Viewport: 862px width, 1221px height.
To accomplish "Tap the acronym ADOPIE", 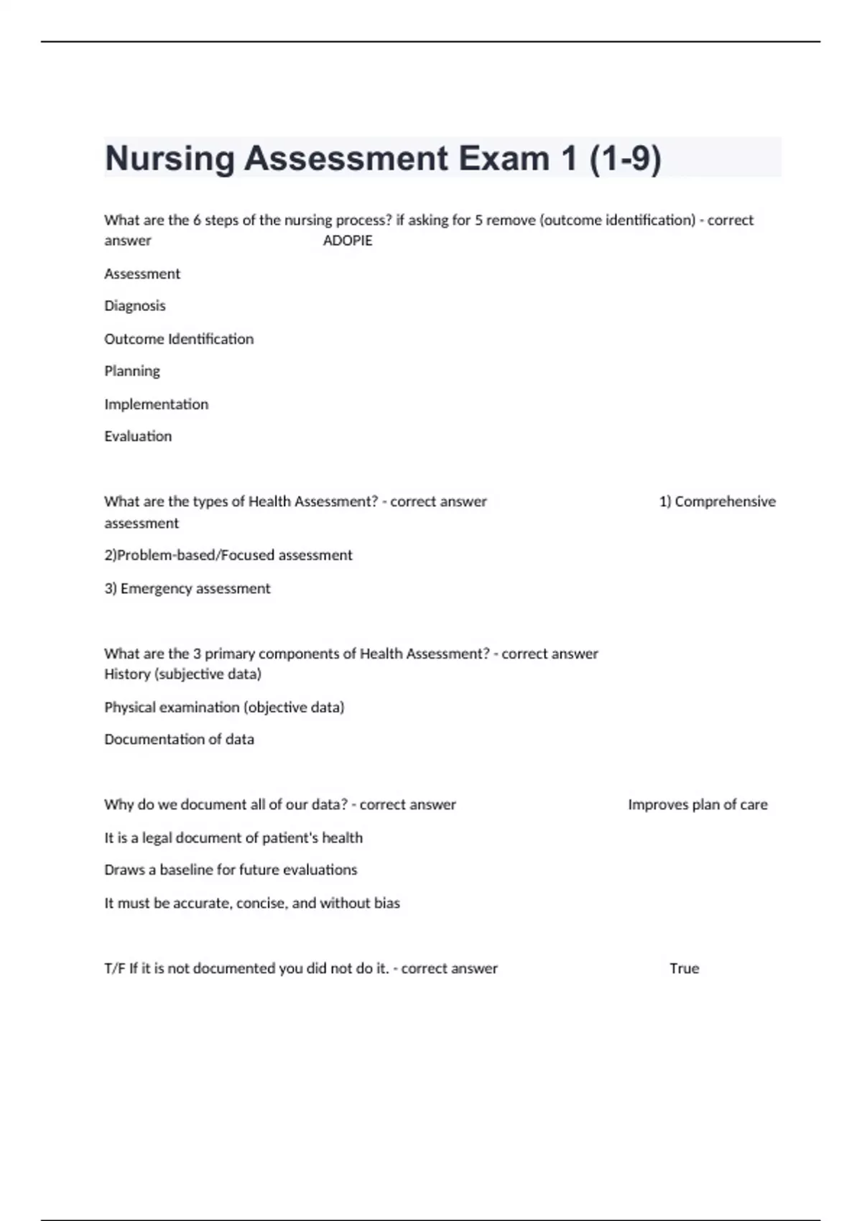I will pos(348,241).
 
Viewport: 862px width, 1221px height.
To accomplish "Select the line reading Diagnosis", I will pos(135,306).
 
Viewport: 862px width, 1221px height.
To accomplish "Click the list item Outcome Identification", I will pos(179,339).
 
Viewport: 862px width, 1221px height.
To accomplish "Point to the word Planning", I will pos(132,371).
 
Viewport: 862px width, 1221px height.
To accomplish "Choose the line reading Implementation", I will pos(157,404).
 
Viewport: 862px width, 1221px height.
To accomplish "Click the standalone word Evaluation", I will pos(138,437).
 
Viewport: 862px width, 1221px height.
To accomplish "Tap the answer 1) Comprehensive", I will pos(717,501).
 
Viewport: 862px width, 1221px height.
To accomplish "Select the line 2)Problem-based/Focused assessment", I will pos(228,555).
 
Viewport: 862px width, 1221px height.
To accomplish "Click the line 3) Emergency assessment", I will pos(187,589).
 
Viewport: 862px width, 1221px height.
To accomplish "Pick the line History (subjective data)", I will pos(182,674).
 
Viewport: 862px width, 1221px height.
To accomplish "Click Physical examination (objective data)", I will pos(224,707).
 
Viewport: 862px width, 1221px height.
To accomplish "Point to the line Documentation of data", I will pos(179,740).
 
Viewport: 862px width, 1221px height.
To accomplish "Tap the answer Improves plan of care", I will pos(698,804).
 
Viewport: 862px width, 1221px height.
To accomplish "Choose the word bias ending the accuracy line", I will pos(387,903).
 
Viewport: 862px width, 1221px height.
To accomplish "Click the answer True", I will pos(684,968).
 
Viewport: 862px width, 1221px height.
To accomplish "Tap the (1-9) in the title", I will pos(625,158).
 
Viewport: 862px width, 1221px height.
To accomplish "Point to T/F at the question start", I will pos(115,968).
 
